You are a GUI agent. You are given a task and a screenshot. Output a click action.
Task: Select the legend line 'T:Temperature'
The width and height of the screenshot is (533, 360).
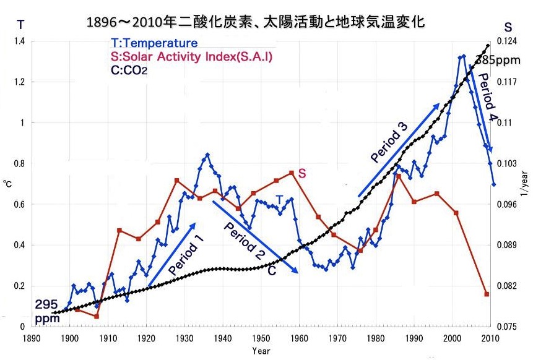pos(154,43)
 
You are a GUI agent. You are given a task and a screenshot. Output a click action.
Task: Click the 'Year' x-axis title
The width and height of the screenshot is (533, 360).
pos(261,351)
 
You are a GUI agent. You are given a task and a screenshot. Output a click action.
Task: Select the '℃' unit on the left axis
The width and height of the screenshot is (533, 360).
pos(7,184)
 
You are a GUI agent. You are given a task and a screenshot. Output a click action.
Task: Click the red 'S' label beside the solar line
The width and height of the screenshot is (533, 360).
pos(301,174)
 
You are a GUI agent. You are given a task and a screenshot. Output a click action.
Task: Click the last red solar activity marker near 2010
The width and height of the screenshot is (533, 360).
pos(487,294)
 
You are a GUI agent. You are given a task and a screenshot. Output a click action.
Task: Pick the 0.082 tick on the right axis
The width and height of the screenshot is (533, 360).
pos(508,286)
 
